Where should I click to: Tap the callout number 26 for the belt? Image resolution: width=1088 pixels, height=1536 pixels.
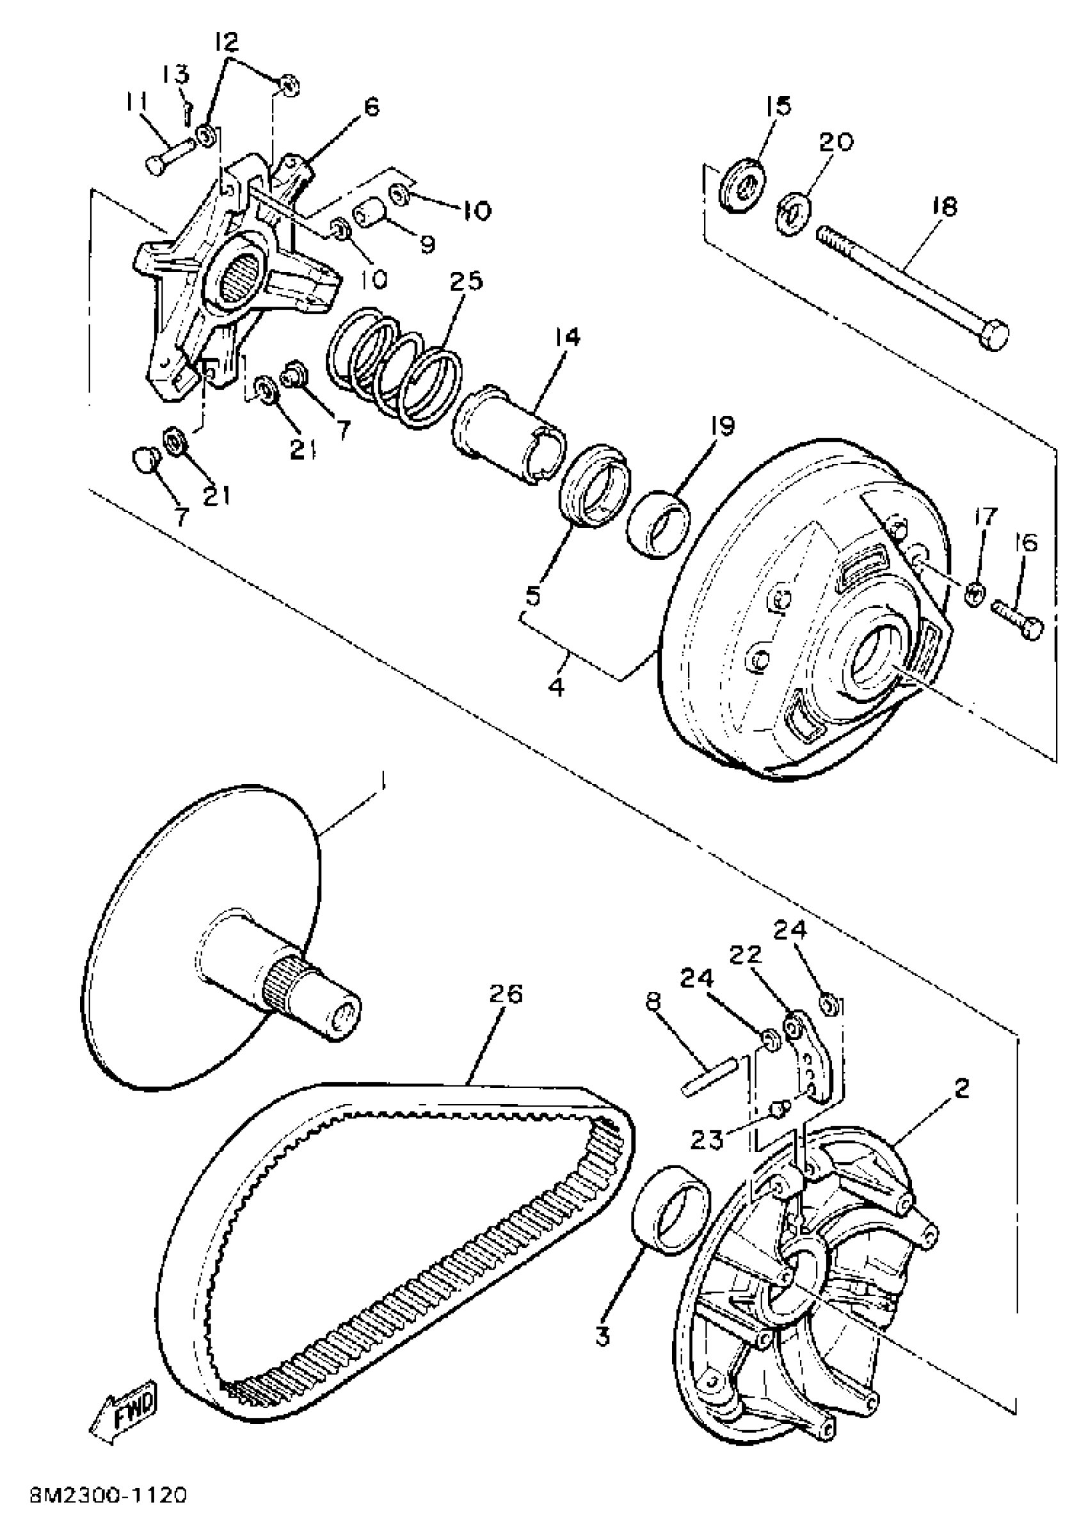[506, 994]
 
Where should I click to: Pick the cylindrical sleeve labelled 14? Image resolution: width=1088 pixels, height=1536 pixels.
[507, 435]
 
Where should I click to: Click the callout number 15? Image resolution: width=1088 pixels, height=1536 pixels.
[778, 105]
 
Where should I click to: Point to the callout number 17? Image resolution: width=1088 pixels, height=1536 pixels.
[986, 516]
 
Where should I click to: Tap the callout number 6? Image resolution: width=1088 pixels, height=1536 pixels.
[371, 107]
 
